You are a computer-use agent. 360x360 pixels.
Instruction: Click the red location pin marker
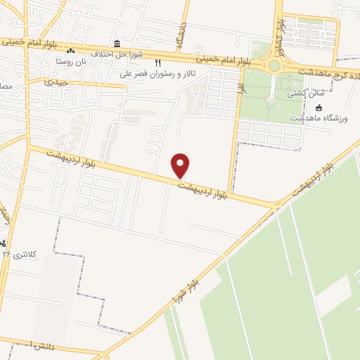(x=181, y=165)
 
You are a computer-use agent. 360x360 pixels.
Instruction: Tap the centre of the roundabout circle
(x=274, y=66)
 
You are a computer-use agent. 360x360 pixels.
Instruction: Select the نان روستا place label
(x=71, y=61)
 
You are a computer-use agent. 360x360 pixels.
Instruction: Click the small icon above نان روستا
(x=70, y=51)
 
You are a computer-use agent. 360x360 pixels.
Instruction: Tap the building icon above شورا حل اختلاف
(x=116, y=44)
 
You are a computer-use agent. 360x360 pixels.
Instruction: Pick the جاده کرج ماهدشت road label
(x=329, y=72)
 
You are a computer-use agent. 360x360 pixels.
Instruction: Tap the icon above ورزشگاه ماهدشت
(x=319, y=108)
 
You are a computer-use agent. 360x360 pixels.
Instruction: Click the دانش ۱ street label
(x=21, y=345)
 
